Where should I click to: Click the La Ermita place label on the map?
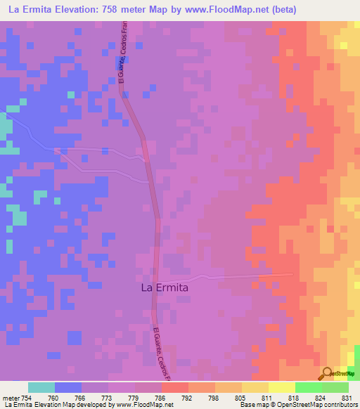coord(165,287)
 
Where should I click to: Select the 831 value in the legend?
coord(345,398)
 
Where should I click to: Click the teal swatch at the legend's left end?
coord(41,387)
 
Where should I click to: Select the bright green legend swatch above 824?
coord(309,387)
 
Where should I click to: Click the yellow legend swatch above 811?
coord(255,387)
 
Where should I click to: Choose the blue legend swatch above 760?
coord(68,387)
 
